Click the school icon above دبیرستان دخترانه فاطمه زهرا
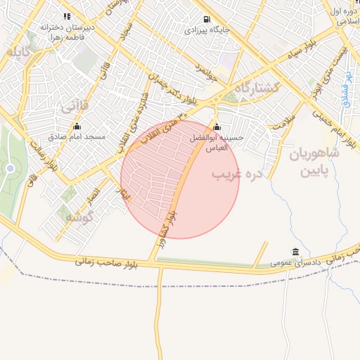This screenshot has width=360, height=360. coord(67,16)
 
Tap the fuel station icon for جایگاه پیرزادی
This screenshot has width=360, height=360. coord(205,20)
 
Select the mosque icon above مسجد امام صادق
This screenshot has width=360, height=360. coord(77,127)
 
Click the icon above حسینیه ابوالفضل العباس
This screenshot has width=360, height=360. coord(216,128)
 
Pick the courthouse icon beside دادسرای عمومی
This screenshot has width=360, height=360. coord(294,252)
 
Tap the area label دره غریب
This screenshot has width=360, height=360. coord(237,173)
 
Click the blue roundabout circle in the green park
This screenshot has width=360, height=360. coord(10,169)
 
